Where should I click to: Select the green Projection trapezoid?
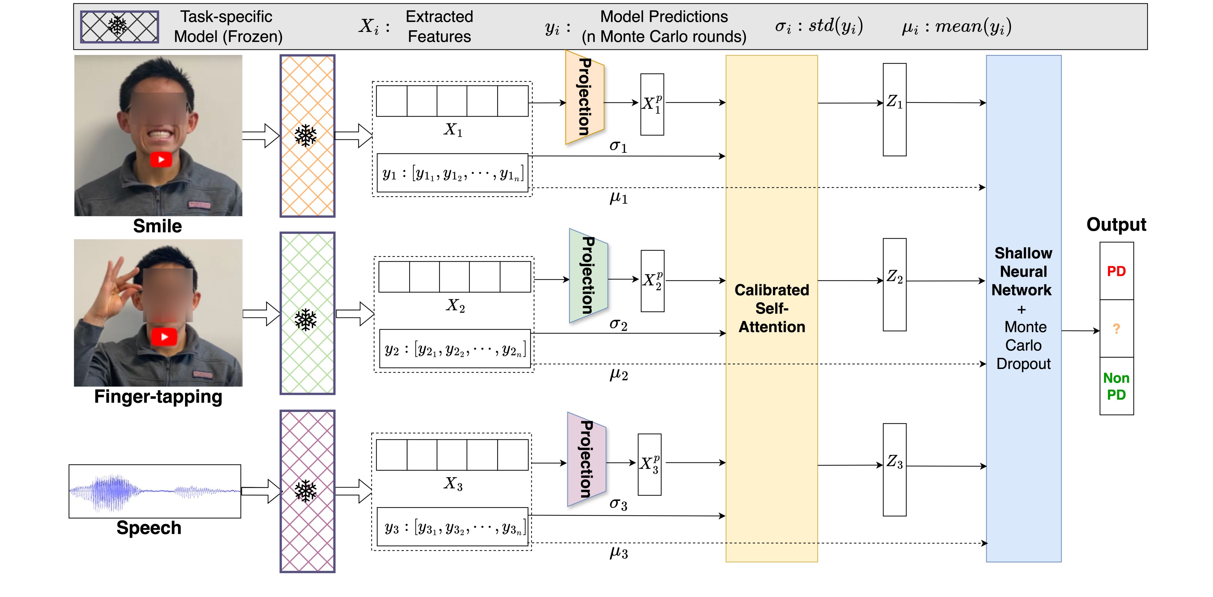pos(588,276)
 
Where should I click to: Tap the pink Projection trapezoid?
pos(586,459)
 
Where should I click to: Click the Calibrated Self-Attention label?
pos(772,308)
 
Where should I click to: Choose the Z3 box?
pos(894,470)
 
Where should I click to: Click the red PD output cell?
pos(1116,271)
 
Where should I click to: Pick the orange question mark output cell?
pos(1116,329)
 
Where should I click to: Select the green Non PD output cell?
pos(1116,386)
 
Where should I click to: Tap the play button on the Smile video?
pos(161,160)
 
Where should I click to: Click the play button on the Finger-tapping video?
pos(164,337)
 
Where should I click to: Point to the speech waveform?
pos(155,491)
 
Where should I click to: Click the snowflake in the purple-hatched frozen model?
pos(306,491)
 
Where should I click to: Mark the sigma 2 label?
pos(618,324)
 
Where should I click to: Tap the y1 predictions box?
pos(452,173)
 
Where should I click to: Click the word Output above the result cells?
pos(1116,224)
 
